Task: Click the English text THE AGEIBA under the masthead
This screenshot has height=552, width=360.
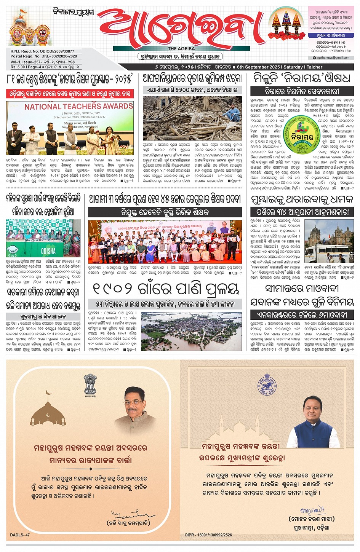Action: tap(181, 49)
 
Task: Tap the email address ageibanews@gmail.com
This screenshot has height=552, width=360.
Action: tap(333, 58)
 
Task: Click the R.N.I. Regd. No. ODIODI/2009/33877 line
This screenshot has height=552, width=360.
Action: tap(42, 51)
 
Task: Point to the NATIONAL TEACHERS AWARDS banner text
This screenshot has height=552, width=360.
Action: tap(79, 107)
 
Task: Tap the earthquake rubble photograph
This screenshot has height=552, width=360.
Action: tap(192, 118)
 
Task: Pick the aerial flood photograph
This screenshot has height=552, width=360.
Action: tap(191, 331)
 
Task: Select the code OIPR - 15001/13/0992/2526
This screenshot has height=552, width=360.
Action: tap(208, 535)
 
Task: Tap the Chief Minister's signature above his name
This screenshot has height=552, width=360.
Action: tap(312, 510)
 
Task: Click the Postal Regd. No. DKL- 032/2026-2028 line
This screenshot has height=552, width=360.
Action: tap(44, 56)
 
